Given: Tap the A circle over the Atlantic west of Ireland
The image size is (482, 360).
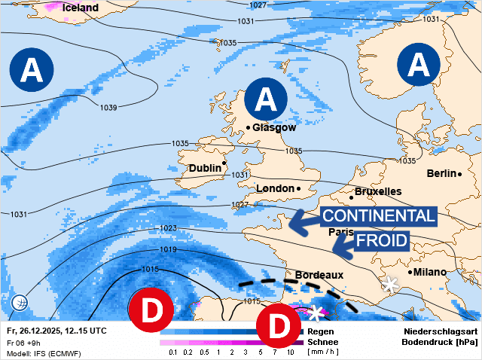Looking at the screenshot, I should [x=32, y=69].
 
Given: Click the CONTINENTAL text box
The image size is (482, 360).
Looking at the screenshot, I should [x=378, y=217].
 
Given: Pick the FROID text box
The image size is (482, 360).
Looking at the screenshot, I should [x=381, y=242].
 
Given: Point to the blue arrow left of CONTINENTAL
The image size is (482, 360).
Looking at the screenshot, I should [x=304, y=219].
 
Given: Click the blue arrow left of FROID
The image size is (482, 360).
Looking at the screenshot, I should [x=343, y=244].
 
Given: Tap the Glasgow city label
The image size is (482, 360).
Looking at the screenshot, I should [x=274, y=127].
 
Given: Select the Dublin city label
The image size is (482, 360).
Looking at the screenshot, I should [x=205, y=168].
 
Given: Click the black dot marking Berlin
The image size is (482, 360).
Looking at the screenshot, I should [x=459, y=174].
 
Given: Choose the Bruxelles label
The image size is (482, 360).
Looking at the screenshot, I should [x=377, y=191].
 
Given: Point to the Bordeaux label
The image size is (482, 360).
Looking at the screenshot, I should [x=319, y=276].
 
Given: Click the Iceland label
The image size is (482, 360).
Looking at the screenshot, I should [x=81, y=8].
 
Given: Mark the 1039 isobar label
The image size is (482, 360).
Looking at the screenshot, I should [x=108, y=107].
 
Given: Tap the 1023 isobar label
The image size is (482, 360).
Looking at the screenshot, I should [x=168, y=227].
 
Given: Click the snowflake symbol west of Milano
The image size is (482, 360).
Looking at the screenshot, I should [x=390, y=285].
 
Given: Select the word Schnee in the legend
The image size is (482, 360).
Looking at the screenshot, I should [x=322, y=341].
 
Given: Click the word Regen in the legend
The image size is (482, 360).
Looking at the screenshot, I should [x=322, y=331].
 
